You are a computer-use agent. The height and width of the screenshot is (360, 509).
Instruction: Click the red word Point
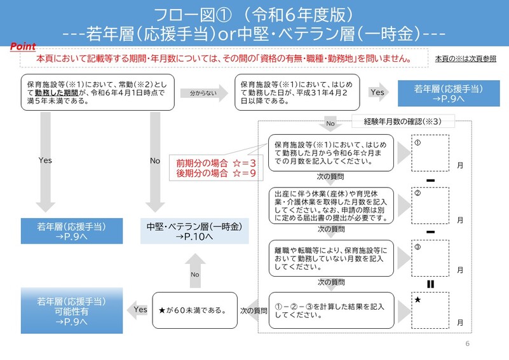click(x=23, y=46)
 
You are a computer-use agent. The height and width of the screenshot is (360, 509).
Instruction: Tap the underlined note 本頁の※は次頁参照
click(x=466, y=59)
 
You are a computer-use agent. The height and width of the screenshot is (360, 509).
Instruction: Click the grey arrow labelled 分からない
click(x=205, y=93)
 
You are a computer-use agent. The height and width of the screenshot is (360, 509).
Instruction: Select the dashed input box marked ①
click(x=430, y=153)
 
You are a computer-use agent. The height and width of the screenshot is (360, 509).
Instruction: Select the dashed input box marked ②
click(x=430, y=205)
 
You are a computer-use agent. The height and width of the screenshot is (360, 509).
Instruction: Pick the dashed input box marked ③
click(x=430, y=258)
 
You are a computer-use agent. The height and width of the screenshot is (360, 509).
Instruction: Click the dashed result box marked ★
click(x=430, y=310)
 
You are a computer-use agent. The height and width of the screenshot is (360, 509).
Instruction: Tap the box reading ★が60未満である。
click(x=195, y=310)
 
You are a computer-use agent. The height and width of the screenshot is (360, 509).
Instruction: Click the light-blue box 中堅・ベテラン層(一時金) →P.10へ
click(x=194, y=231)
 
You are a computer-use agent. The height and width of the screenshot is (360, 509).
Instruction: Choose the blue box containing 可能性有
click(x=72, y=310)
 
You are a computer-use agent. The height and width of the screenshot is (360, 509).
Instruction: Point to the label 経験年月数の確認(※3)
click(x=403, y=121)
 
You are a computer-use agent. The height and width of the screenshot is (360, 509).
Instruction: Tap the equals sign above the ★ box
click(x=430, y=284)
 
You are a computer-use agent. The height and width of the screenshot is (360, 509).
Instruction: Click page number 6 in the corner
click(x=468, y=343)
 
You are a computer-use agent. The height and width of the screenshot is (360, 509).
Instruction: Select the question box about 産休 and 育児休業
click(x=331, y=205)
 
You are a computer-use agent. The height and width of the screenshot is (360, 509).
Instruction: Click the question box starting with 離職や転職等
click(x=331, y=258)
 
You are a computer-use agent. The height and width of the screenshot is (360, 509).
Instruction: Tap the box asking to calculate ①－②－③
click(x=331, y=310)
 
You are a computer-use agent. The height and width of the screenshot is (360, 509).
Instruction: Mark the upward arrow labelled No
click(x=195, y=271)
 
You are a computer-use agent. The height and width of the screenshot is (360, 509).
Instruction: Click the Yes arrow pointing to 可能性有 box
click(x=138, y=310)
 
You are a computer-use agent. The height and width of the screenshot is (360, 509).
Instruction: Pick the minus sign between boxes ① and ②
click(x=430, y=181)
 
